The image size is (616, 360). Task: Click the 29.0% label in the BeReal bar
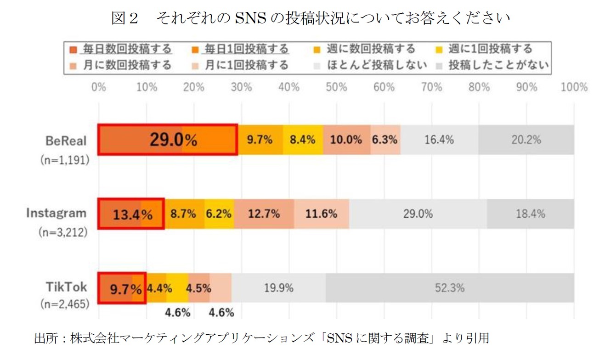coord(173,140)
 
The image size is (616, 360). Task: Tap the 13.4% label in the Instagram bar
coord(133,214)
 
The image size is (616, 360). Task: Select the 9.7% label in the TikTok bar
coord(125,289)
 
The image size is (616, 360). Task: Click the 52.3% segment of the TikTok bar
coord(450,288)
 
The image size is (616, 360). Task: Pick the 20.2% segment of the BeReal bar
coord(526,140)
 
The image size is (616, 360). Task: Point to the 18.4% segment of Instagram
coord(530,214)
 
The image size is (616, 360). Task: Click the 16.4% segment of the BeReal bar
coord(439,140)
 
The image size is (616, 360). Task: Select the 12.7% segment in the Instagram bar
coord(264,214)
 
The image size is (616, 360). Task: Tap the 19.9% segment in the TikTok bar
coord(278,288)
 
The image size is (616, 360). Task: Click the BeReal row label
coord(66,141)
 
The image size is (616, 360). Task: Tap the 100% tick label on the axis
coord(574,87)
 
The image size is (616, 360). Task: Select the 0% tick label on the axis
coord(99,87)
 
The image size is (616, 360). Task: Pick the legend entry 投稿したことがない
coord(499,65)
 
